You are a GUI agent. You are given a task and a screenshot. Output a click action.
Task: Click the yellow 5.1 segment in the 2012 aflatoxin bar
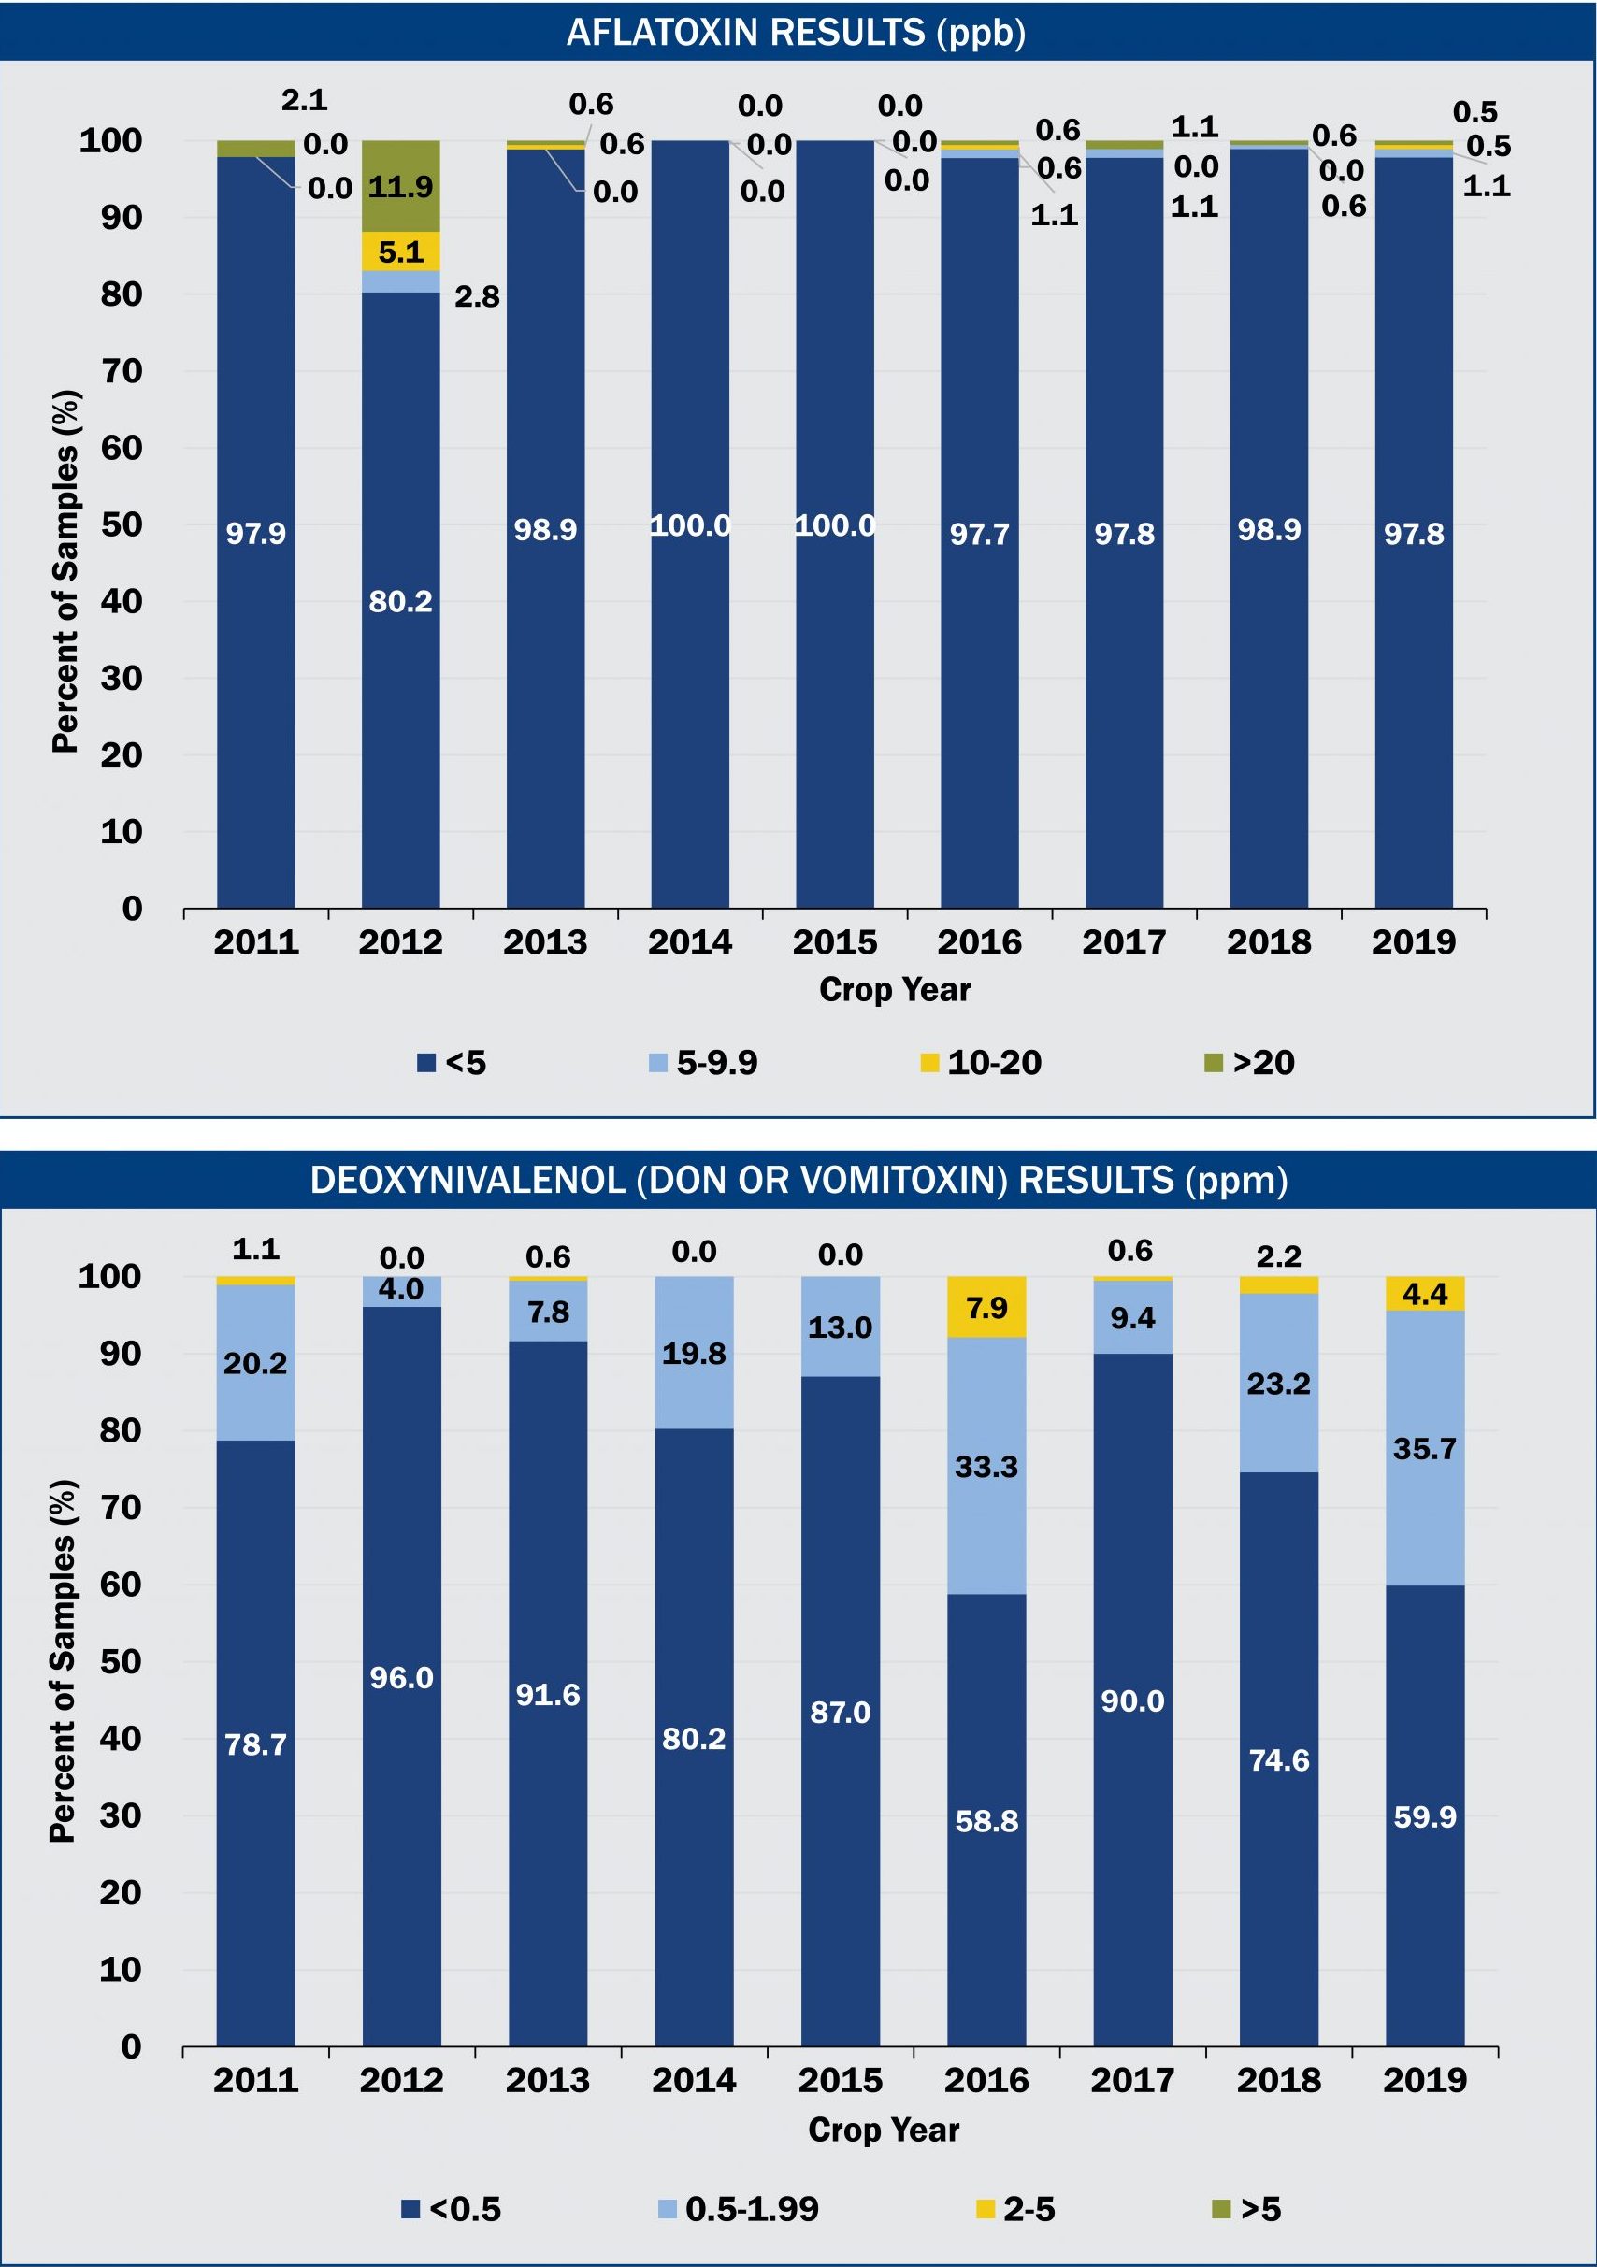[400, 251]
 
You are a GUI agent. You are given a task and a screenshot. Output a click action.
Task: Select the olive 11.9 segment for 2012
[400, 186]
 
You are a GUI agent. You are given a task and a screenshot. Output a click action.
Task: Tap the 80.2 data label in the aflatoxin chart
[400, 601]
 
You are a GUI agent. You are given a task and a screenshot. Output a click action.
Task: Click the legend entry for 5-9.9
[703, 1062]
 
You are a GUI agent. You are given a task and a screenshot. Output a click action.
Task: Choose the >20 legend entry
[1250, 1062]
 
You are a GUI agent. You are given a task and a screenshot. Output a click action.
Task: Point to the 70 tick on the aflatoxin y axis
[122, 371]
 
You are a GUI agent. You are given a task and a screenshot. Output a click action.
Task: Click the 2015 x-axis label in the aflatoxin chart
[835, 942]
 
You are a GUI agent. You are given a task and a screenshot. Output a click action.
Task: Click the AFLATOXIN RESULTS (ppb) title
[796, 33]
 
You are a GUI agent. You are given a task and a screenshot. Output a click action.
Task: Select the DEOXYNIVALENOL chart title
[798, 1180]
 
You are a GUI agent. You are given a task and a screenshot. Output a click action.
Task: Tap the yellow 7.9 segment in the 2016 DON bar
[986, 1307]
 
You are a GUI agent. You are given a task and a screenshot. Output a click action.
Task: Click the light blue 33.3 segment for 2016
[986, 1466]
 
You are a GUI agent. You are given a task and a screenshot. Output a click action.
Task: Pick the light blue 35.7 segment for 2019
[1424, 1448]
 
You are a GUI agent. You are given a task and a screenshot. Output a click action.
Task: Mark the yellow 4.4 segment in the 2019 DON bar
[1424, 1294]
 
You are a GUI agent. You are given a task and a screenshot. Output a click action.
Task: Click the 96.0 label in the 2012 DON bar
[401, 1677]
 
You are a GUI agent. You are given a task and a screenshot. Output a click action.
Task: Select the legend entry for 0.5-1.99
[739, 2209]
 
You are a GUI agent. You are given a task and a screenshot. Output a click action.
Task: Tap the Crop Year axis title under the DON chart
[883, 2130]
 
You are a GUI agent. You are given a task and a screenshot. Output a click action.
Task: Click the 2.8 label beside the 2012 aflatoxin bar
[477, 296]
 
